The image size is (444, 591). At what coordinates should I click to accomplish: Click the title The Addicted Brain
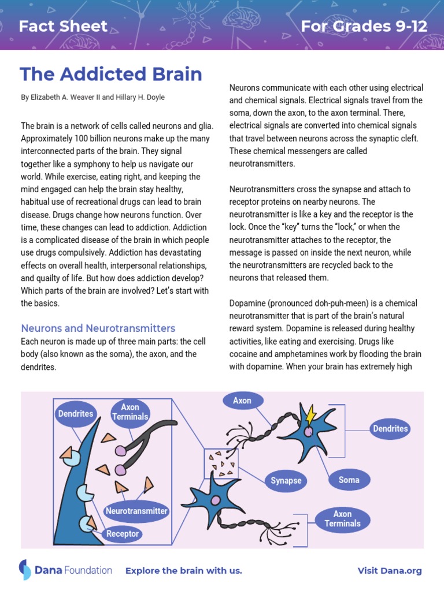pos(111,74)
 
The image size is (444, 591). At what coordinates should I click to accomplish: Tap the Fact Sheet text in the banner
pos(63,26)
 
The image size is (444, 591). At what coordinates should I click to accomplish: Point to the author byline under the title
pos(92,98)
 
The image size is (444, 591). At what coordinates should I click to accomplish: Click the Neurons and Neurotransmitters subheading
pos(98,328)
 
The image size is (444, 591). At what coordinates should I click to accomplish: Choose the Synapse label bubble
pos(286,481)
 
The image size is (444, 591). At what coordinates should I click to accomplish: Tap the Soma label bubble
pos(349,480)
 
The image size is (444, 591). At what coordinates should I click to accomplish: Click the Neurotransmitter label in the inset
pos(136,511)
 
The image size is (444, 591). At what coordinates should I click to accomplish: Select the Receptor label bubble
pos(123,534)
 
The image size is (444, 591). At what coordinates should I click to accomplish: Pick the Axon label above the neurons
pos(242,401)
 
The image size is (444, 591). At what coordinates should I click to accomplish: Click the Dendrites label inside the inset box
pos(75,414)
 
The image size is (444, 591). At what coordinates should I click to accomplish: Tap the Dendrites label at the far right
pos(390,428)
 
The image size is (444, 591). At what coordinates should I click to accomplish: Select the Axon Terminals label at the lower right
pos(342,519)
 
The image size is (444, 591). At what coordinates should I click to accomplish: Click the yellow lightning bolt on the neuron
pos(310,414)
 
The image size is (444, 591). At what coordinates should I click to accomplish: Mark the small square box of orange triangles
pos(221,463)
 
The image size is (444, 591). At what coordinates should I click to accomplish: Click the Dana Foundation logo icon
pos(25,570)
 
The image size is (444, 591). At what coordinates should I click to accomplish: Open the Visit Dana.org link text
pos(390,571)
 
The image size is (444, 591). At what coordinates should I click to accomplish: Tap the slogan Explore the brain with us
pos(184,571)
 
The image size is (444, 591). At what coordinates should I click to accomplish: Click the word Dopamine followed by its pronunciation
pos(247,304)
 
